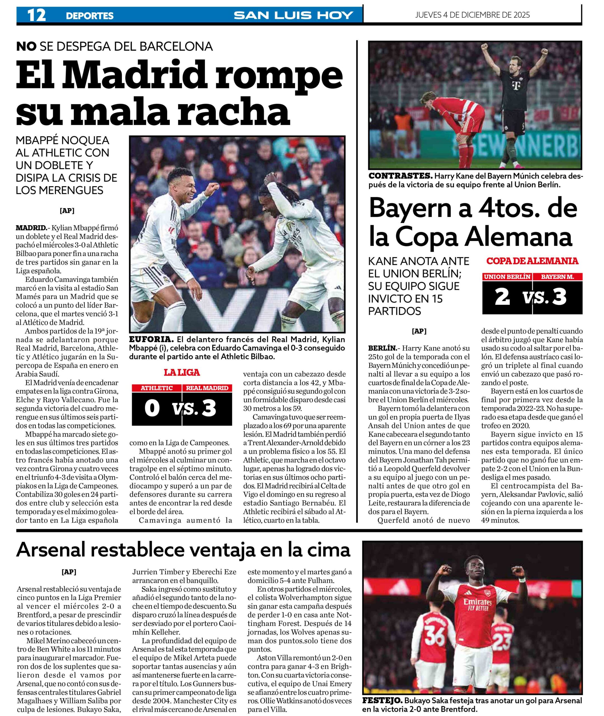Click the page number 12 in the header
pos(36,15)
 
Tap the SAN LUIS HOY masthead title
pos(293,15)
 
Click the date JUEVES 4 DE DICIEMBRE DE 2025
pos(472,15)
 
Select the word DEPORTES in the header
pos(90,16)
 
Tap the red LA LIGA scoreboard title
pos(182,373)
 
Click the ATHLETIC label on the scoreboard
pos(157,388)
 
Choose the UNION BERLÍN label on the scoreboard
pos(507,277)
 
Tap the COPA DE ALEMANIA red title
pos(532,261)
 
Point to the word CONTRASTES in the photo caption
pos(400,176)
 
